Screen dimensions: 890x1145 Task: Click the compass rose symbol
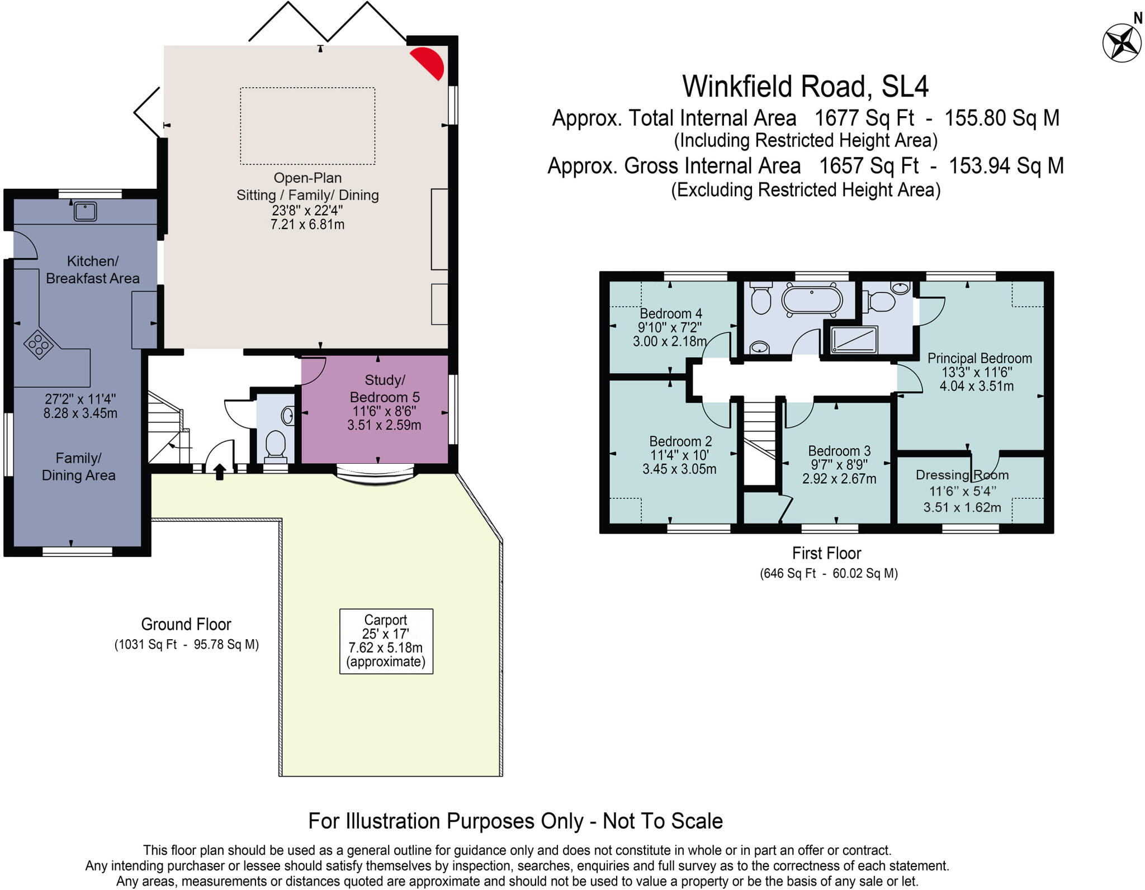[1122, 42]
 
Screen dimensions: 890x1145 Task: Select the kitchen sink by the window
[86, 212]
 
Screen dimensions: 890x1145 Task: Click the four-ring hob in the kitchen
[39, 344]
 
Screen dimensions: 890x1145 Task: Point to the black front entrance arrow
[219, 472]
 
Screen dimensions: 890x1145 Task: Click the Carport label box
[386, 641]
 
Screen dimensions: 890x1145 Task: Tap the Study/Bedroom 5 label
[385, 389]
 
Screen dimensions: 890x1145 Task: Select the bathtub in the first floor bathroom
[811, 300]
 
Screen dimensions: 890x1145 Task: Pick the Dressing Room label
[962, 475]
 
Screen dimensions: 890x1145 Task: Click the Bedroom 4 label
[670, 313]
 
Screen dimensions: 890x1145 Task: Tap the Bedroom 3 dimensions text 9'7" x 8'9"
[839, 465]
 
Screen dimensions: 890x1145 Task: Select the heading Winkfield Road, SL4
[805, 87]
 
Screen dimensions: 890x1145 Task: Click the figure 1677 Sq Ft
[864, 118]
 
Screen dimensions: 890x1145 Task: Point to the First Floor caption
[826, 553]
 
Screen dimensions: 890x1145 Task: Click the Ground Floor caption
[186, 624]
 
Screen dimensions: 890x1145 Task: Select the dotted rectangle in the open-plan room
[307, 126]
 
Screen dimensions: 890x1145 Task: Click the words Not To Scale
[663, 821]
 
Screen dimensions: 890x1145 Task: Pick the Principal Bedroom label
[979, 358]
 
